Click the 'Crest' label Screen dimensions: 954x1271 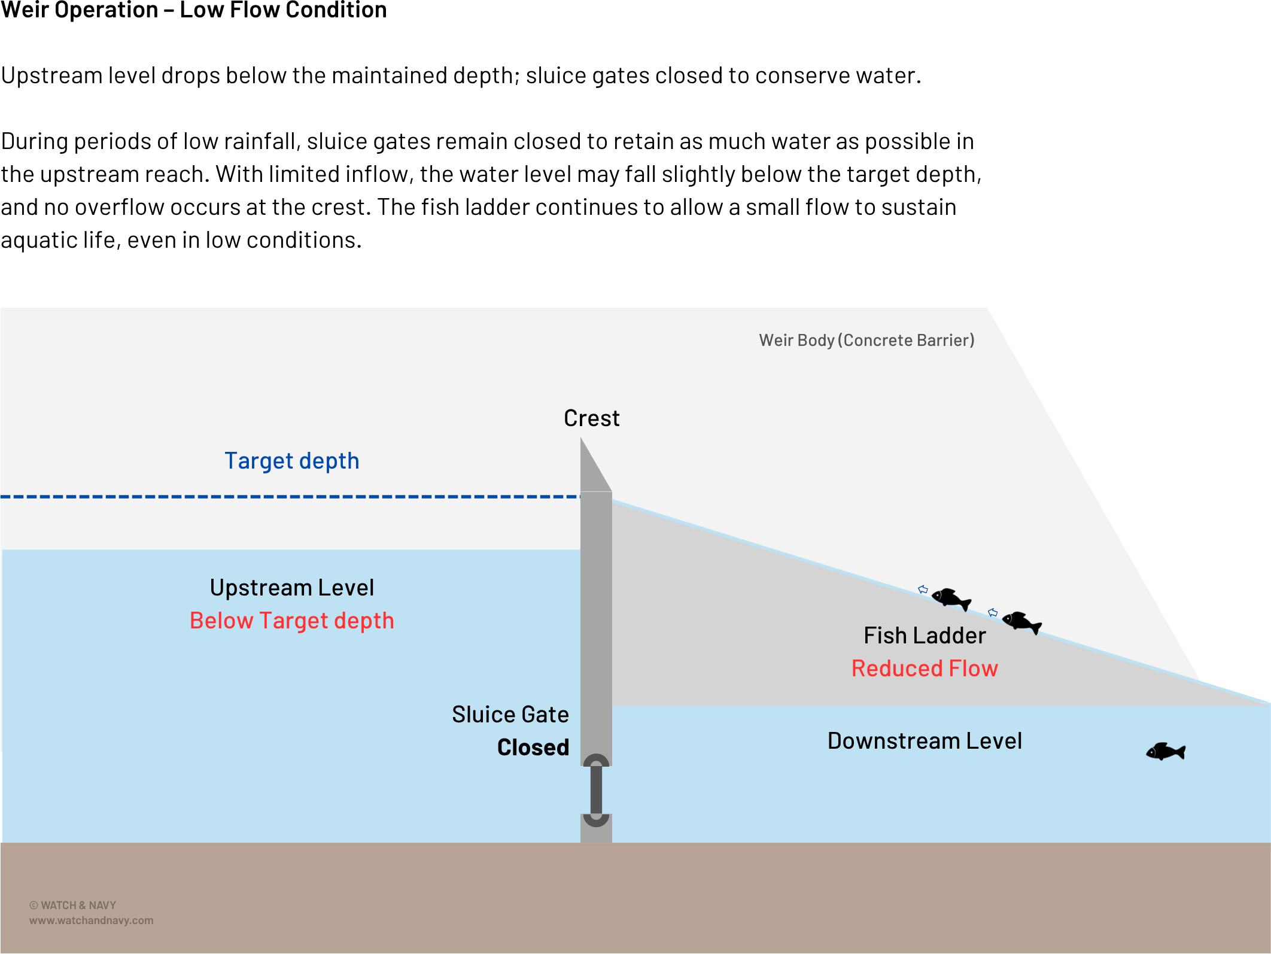pyautogui.click(x=591, y=418)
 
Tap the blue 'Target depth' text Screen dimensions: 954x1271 pyautogui.click(x=291, y=461)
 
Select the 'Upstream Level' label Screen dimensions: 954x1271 pyautogui.click(x=291, y=588)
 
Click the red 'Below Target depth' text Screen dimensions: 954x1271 pyautogui.click(x=291, y=621)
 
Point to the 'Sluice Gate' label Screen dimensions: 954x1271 pyautogui.click(x=510, y=715)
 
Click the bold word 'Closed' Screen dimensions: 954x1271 pyautogui.click(x=533, y=748)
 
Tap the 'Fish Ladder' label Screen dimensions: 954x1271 pyautogui.click(x=924, y=636)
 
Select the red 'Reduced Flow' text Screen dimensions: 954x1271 pyautogui.click(x=924, y=669)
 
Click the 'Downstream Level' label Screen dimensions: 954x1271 pyautogui.click(x=924, y=741)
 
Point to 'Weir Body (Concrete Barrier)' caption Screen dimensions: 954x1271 pyautogui.click(x=866, y=341)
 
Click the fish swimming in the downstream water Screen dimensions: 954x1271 pyautogui.click(x=1165, y=751)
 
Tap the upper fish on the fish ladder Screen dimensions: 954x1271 pyautogui.click(x=951, y=598)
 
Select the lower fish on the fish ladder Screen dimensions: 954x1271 pyautogui.click(x=1021, y=622)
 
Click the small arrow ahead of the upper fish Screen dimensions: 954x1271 pyautogui.click(x=923, y=590)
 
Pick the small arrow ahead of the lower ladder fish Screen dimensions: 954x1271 pyautogui.click(x=993, y=612)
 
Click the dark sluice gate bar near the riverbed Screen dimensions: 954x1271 pyautogui.click(x=596, y=790)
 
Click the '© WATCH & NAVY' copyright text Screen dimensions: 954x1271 pyautogui.click(x=72, y=906)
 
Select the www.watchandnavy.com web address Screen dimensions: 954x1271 pyautogui.click(x=91, y=920)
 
